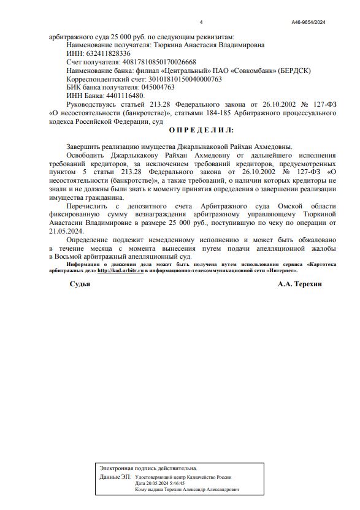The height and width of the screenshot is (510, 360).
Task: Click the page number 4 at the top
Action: pyautogui.click(x=201, y=23)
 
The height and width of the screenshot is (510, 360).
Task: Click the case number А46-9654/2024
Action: pyautogui.click(x=308, y=23)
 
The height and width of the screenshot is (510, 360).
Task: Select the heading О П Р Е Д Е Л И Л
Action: pyautogui.click(x=201, y=131)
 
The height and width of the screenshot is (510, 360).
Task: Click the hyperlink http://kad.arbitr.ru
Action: pyautogui.click(x=120, y=270)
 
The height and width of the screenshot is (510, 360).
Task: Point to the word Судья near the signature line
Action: pyautogui.click(x=80, y=284)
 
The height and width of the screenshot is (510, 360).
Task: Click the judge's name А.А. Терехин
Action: pyautogui.click(x=299, y=284)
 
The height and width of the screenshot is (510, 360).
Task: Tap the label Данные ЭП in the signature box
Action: pyautogui.click(x=115, y=476)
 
